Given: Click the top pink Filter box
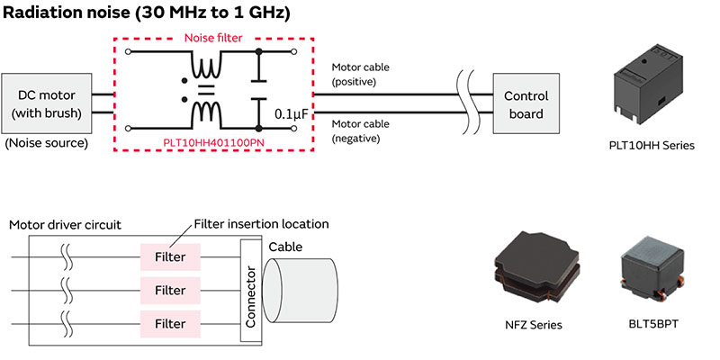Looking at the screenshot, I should tap(170, 257).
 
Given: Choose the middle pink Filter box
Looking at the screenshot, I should tap(170, 291).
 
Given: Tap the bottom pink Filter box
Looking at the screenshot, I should tap(170, 323).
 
